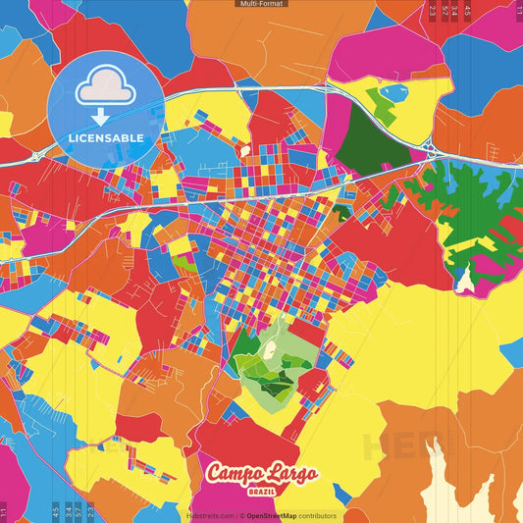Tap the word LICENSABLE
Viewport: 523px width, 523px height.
point(105,137)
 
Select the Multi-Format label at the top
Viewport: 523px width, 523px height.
point(261,4)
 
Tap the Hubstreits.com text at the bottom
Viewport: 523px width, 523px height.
point(210,515)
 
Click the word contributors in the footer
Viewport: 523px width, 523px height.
point(317,515)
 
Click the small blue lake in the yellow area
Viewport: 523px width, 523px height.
point(394,92)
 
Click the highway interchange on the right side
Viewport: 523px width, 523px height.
point(431,149)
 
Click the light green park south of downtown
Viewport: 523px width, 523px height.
point(260,358)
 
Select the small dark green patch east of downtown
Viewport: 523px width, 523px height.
point(341,210)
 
